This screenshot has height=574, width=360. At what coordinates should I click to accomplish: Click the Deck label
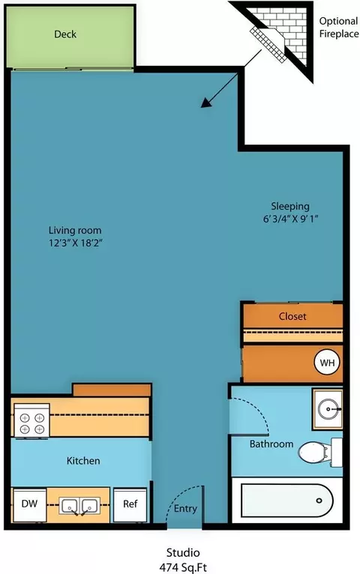[65, 34]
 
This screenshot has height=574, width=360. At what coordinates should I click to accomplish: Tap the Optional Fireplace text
[339, 28]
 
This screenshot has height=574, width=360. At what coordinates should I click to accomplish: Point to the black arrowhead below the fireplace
[206, 102]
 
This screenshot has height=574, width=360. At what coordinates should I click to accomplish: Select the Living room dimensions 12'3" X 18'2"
[75, 243]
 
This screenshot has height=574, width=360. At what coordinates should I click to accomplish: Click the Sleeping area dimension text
[290, 219]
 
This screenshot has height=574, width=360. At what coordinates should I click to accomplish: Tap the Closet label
[292, 316]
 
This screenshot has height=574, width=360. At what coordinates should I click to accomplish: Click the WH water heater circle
[327, 363]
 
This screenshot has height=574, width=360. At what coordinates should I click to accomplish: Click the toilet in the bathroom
[319, 453]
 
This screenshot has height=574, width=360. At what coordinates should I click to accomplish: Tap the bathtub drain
[319, 501]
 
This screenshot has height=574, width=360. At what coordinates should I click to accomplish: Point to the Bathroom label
[271, 444]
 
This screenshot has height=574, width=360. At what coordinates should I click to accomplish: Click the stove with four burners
[31, 420]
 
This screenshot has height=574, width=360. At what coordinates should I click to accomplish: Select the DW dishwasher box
[30, 505]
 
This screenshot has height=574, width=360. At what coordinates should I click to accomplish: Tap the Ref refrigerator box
[130, 505]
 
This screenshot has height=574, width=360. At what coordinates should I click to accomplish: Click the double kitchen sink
[79, 507]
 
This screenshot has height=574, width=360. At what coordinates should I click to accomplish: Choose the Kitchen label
[83, 461]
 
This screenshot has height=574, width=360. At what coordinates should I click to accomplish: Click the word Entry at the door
[185, 509]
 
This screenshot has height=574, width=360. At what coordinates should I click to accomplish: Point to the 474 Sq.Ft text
[183, 567]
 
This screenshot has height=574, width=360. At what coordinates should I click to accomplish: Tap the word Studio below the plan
[183, 552]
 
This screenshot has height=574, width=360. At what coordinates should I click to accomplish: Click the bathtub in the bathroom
[287, 501]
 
